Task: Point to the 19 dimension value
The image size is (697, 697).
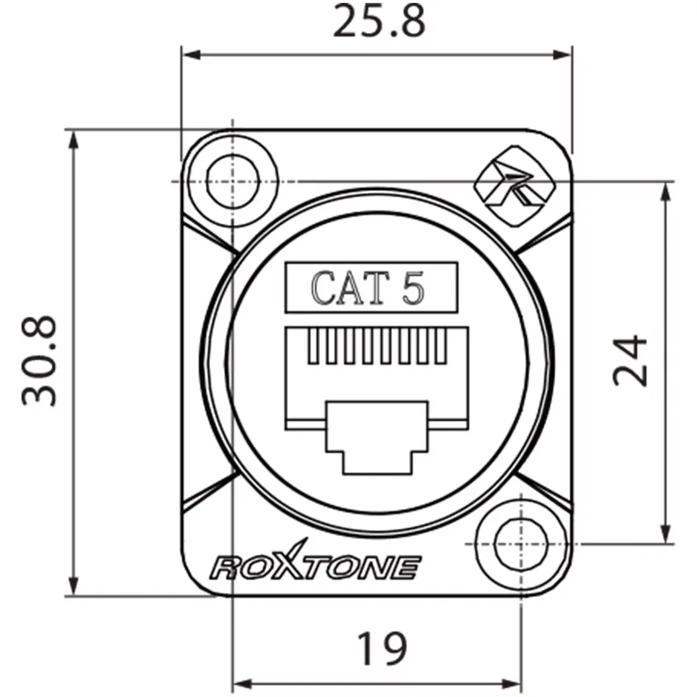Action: (x=382, y=649)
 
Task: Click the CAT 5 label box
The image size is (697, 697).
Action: (x=371, y=288)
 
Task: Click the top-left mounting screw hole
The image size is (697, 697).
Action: (x=232, y=181)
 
